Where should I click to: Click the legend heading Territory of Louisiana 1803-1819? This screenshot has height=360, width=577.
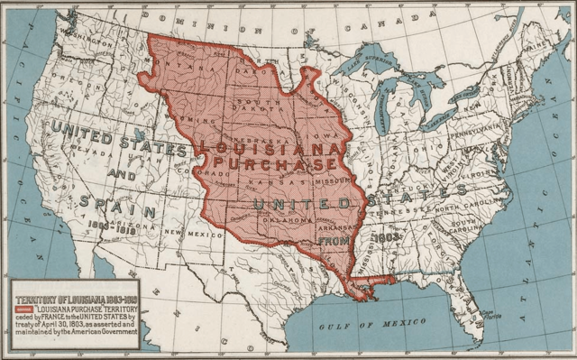pos(76,299)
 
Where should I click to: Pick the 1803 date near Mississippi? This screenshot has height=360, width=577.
pos(385,237)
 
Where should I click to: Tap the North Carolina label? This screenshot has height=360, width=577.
pos(487,205)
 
